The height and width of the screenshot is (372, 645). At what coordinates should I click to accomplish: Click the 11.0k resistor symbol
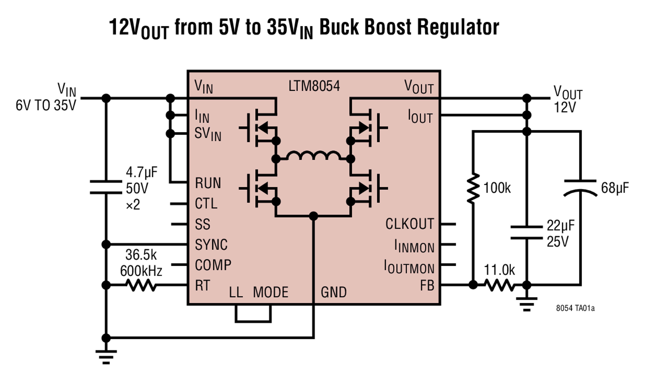[x=500, y=285]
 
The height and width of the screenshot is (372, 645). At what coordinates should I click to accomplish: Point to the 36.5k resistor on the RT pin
[x=141, y=285]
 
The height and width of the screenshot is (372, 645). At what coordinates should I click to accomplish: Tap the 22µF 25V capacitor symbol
[x=527, y=232]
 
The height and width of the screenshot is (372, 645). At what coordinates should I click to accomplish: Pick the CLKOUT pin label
[x=409, y=224]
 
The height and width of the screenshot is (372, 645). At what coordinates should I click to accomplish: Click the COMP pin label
[x=213, y=265]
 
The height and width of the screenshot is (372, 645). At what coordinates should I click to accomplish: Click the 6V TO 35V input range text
[x=46, y=105]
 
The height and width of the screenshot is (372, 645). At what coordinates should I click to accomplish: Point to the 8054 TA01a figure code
[x=575, y=308]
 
